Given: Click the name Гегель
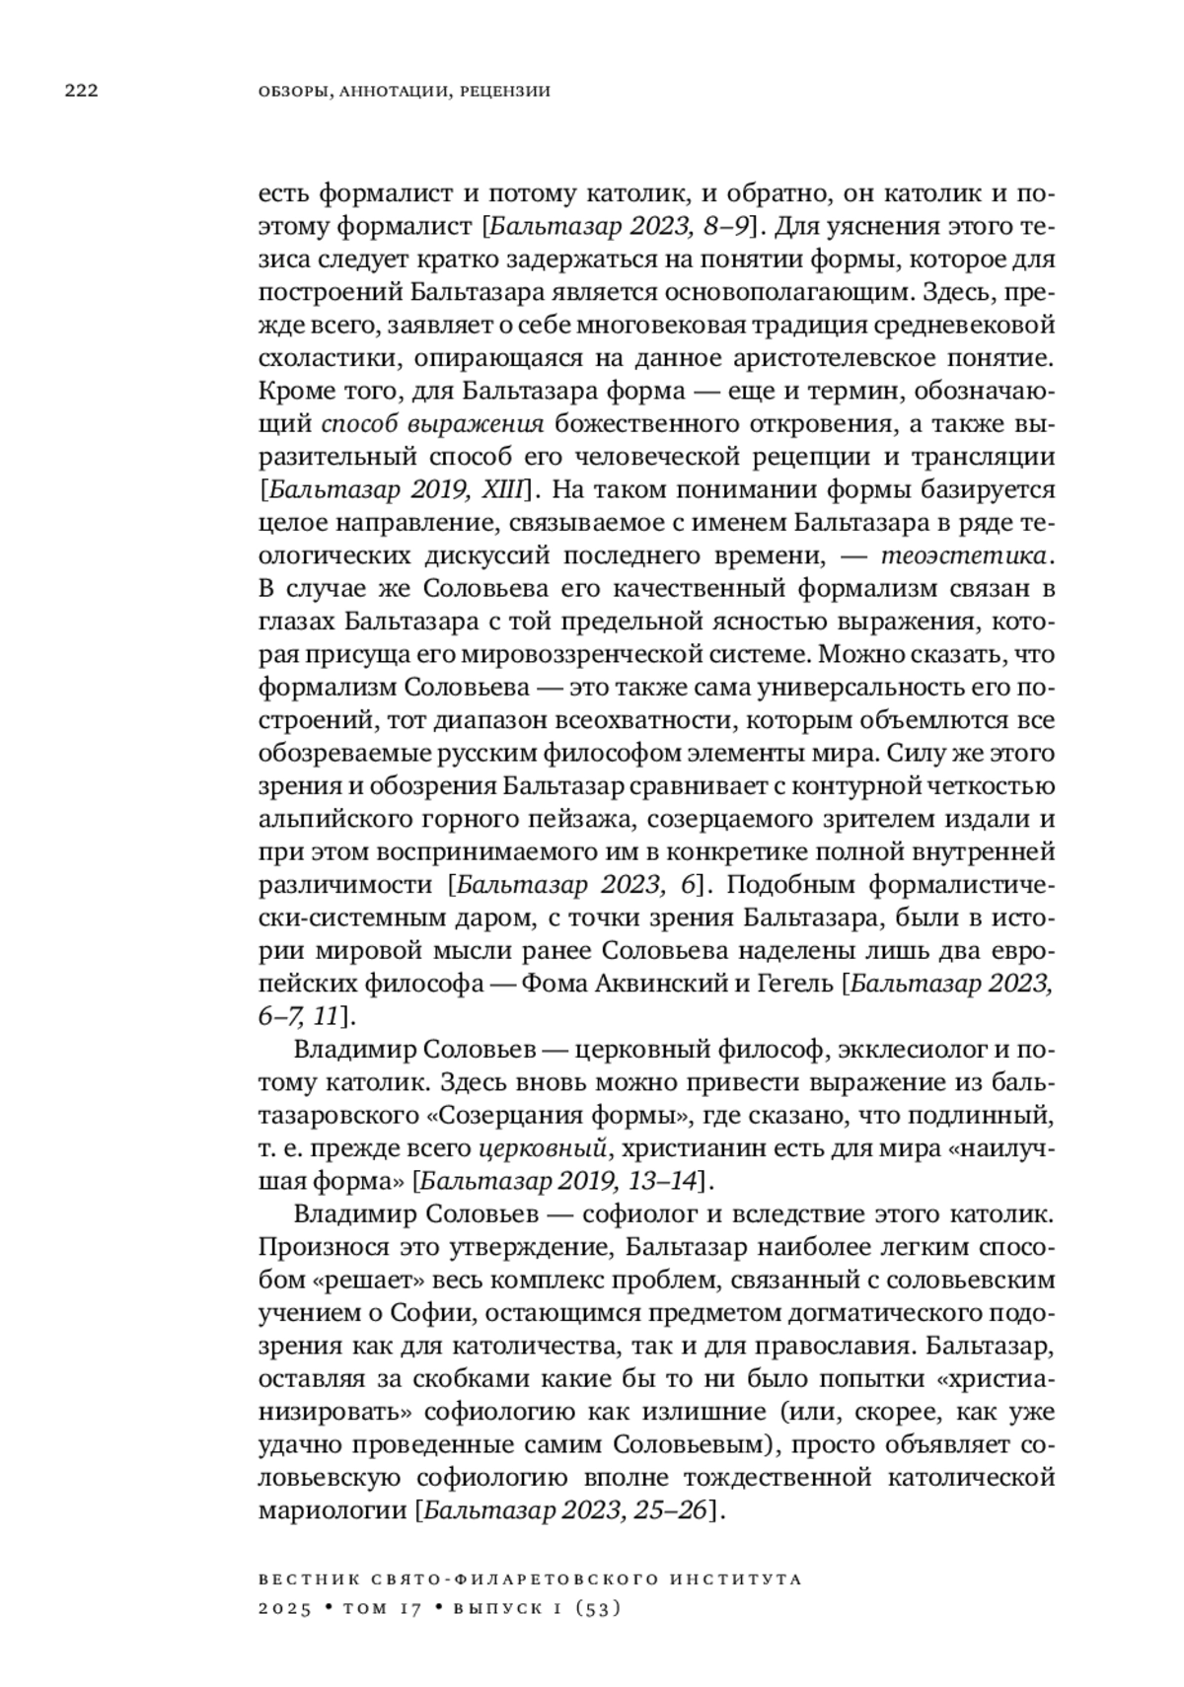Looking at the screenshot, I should pos(795,984).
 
